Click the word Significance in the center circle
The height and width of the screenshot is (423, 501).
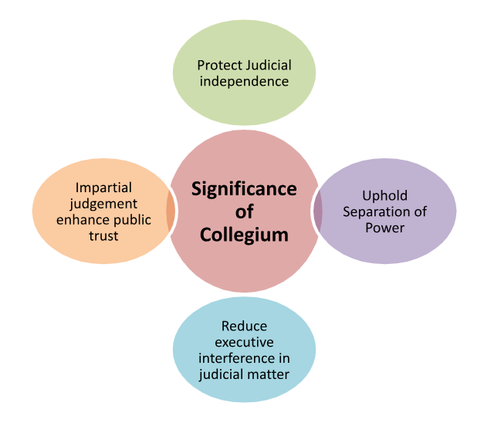(x=244, y=189)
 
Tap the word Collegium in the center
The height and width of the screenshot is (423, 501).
(x=244, y=233)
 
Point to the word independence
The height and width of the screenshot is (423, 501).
(x=244, y=81)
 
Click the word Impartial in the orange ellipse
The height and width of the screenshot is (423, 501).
(x=103, y=188)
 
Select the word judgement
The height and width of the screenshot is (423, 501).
(x=103, y=204)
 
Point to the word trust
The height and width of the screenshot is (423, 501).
(x=103, y=235)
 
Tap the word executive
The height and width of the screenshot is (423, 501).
(x=244, y=342)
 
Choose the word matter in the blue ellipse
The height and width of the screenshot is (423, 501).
(x=269, y=374)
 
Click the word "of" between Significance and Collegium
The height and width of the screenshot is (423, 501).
(x=244, y=211)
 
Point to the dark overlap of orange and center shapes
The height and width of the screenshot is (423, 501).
(x=170, y=211)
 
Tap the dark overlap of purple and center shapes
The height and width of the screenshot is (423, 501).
(x=317, y=211)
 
